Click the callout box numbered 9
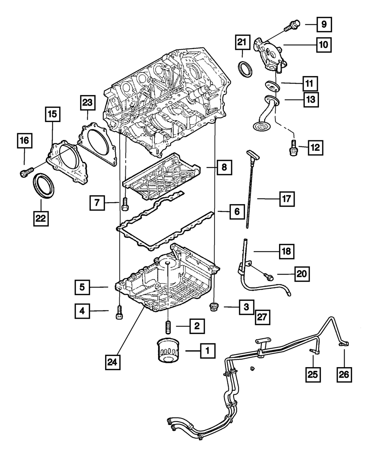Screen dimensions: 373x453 (324, 25)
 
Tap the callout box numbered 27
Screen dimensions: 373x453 (262, 317)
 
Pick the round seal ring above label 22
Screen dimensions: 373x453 (44, 185)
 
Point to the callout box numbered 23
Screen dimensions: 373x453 (88, 103)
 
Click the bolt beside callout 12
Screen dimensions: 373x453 (293, 148)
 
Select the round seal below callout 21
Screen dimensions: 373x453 (245, 69)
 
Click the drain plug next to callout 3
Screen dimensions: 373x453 (214, 307)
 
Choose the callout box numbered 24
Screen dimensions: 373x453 (113, 362)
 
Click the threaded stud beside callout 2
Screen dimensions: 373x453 (167, 327)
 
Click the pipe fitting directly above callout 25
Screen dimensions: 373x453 (314, 351)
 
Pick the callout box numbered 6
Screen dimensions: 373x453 (237, 212)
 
